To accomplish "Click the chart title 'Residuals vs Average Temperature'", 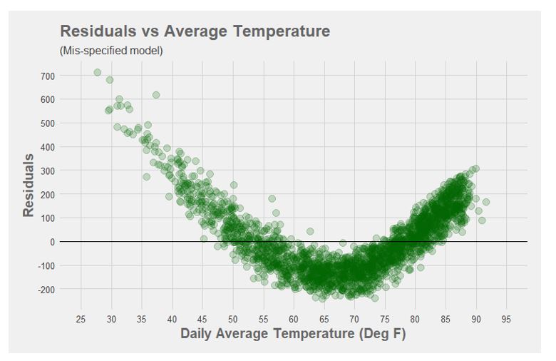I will click(x=195, y=31).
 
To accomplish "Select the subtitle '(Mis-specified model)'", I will click(x=111, y=51).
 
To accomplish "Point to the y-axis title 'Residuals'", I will click(x=29, y=185).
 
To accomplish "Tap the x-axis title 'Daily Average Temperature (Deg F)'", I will click(x=293, y=333).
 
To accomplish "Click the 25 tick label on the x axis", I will click(x=81, y=317).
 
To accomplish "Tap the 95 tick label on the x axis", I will click(x=507, y=317).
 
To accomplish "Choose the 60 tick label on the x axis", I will click(x=294, y=317).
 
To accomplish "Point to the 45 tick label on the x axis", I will click(x=202, y=317).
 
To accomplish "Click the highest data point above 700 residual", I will click(x=98, y=72).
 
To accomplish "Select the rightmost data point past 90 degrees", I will click(x=485, y=202).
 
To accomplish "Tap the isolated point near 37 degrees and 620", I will click(x=156, y=95).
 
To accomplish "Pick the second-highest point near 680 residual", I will click(x=110, y=80).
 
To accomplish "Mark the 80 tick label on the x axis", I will click(x=416, y=317).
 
